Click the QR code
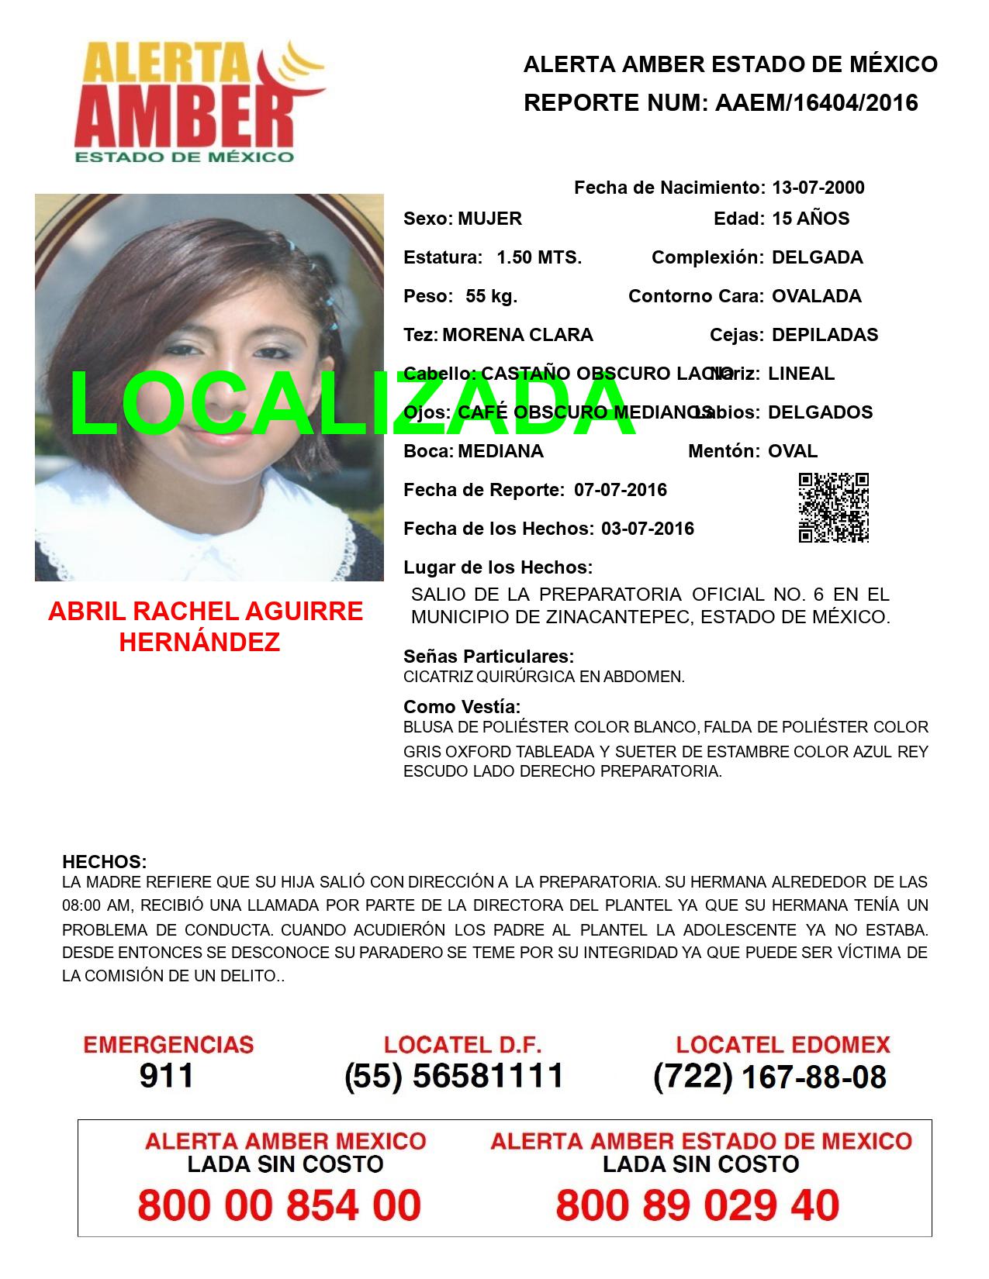[833, 508]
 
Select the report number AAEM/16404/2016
[816, 102]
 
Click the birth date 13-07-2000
[818, 188]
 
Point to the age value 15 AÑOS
[811, 219]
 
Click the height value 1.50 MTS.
[539, 257]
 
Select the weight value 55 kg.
[491, 296]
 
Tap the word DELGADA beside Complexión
[817, 257]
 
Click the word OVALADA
[816, 296]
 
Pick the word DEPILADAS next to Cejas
[825, 335]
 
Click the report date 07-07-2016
[621, 490]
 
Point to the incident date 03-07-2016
[648, 529]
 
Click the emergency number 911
[167, 1076]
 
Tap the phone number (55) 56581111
[454, 1076]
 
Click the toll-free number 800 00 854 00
[279, 1205]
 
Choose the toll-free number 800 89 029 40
[697, 1205]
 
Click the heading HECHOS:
[104, 862]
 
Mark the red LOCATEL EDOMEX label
[783, 1044]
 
